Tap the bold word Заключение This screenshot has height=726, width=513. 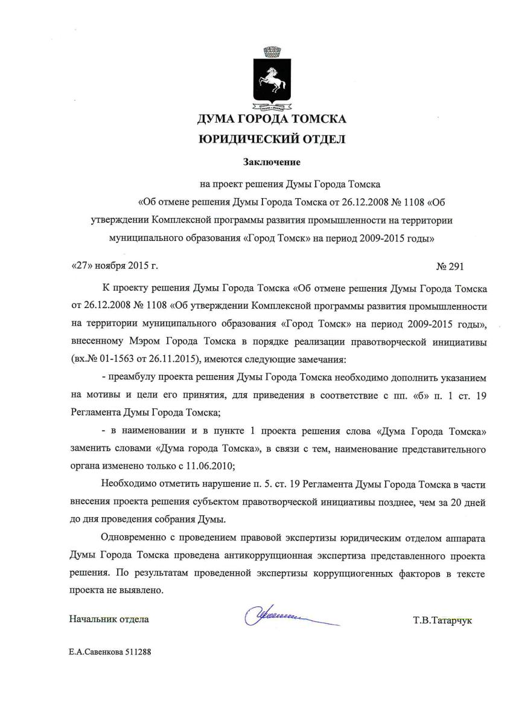(272, 162)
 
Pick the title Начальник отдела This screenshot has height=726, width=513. (109, 619)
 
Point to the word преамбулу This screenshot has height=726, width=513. (132, 377)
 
